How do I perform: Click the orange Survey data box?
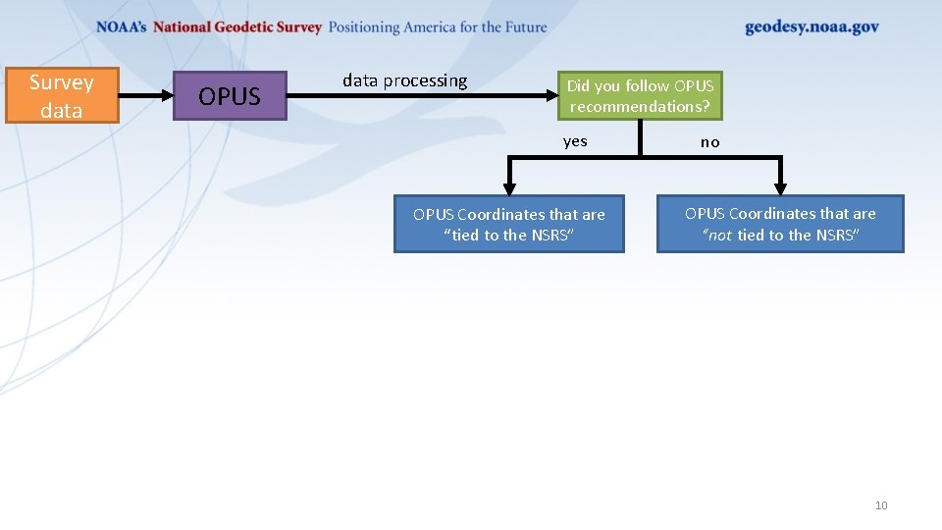(62, 95)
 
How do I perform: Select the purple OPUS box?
(230, 96)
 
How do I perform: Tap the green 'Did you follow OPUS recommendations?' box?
(640, 96)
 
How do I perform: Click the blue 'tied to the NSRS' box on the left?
(508, 225)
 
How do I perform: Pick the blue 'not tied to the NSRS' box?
(780, 224)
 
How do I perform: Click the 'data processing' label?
(404, 80)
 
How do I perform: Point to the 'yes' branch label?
(575, 141)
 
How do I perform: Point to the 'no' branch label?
(709, 142)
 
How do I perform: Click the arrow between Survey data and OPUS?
(145, 96)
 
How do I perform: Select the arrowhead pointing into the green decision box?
(550, 96)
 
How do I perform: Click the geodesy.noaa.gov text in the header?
(811, 27)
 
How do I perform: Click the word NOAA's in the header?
(122, 27)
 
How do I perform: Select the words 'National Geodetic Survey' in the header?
(237, 27)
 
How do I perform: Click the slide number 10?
(880, 505)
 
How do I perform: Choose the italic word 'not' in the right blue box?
(719, 236)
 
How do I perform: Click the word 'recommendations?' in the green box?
(640, 107)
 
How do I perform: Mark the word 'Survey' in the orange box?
(62, 82)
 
